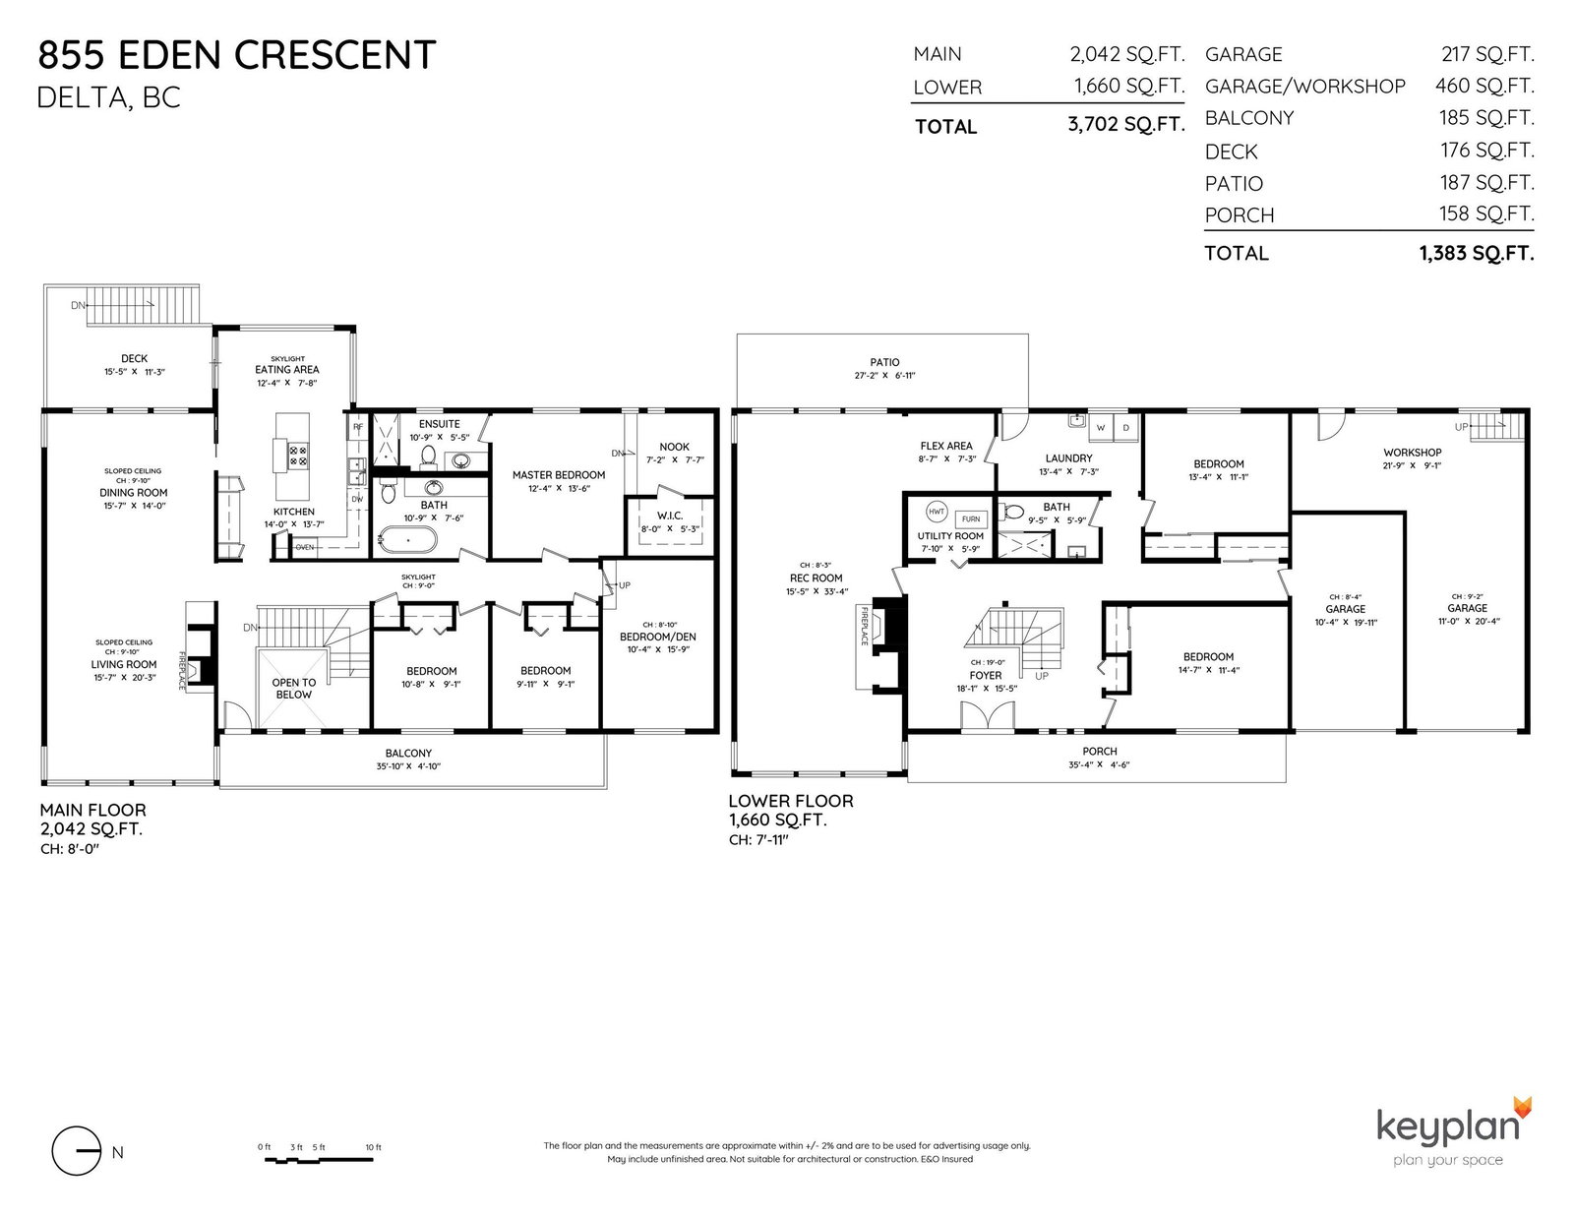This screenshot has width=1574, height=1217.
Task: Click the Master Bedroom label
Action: tap(559, 475)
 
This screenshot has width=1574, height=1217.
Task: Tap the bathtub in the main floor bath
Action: tap(406, 540)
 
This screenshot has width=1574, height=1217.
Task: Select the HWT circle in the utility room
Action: tap(937, 512)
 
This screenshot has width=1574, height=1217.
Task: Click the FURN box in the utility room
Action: tap(971, 518)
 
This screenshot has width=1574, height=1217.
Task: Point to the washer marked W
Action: tap(1100, 427)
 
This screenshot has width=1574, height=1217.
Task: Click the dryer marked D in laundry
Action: tap(1125, 427)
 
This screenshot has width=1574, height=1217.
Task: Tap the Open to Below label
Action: tap(294, 688)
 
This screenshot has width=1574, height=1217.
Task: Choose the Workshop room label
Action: tap(1412, 452)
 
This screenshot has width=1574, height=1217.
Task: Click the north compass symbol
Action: tap(77, 1151)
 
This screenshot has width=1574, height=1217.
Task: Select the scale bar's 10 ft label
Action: tap(373, 1147)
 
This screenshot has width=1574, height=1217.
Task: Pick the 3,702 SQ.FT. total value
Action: tap(1126, 125)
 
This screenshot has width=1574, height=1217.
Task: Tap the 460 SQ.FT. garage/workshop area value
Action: tap(1484, 86)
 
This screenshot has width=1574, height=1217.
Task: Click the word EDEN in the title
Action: tap(168, 55)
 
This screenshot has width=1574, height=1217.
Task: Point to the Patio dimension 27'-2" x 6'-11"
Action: tap(884, 375)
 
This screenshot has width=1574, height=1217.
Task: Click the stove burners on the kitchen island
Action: tap(298, 456)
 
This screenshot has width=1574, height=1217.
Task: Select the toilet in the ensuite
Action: tap(428, 456)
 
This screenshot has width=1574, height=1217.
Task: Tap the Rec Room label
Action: tap(817, 578)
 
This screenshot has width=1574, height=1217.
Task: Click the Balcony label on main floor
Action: tap(408, 754)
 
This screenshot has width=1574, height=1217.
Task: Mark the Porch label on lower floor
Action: tap(1100, 752)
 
